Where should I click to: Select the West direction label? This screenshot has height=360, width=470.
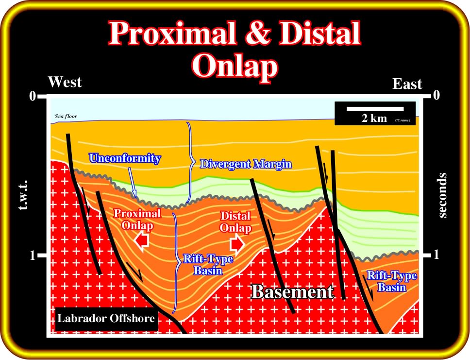coord(65,82)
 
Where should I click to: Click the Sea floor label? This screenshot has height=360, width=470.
coord(66,116)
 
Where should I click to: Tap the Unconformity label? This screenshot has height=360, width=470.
coord(125,158)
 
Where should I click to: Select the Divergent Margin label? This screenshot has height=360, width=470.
coord(246,164)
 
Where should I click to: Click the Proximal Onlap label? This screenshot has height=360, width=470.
coord(137,220)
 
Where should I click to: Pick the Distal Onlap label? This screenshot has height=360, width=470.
coord(235,222)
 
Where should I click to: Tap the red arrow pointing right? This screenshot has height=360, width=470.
coord(237,244)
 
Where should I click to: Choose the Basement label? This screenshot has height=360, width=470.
coord(292,291)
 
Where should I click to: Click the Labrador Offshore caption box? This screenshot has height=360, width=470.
coord(106,318)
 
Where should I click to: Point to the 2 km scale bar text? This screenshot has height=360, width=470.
coord(374,118)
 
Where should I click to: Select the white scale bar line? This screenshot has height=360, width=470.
coord(375,109)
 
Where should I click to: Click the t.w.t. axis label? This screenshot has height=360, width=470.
coord(23,195)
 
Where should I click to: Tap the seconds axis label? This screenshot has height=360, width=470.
coord(442,195)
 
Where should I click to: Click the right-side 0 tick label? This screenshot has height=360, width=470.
coord(436,95)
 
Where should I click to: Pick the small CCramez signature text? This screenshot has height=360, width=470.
coord(403,120)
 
